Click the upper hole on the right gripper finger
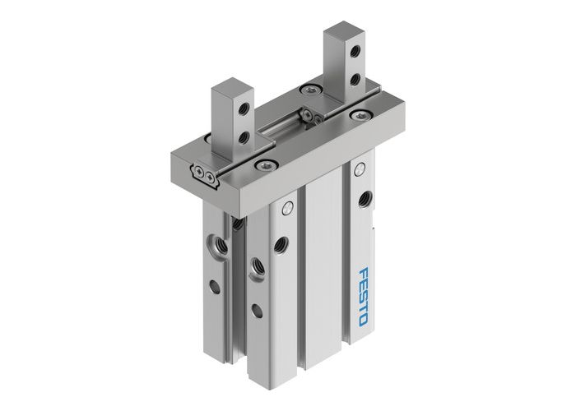point(355,53)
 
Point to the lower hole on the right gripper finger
point(355,79)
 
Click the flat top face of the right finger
point(342,32)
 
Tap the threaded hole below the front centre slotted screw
point(281,243)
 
